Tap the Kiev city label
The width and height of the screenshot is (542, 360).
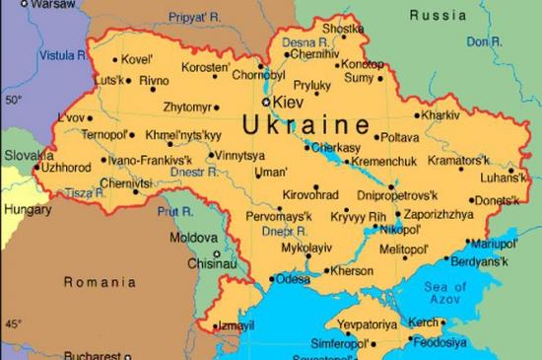pos(288,102)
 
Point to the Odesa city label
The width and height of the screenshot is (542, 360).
pos(292,279)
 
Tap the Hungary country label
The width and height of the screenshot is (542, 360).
pos(29,210)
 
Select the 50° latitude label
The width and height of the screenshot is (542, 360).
pos(12,99)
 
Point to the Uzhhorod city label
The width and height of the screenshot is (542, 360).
pos(67,168)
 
